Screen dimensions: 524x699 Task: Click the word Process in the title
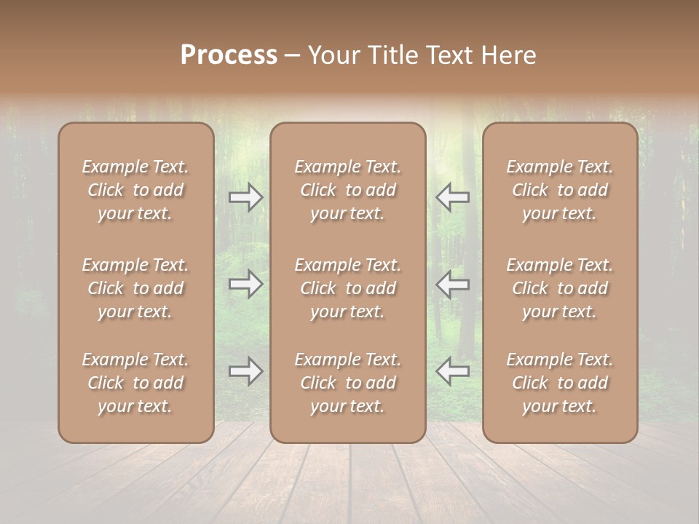229,55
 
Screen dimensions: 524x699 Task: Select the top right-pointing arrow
246,197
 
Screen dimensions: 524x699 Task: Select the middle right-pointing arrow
246,284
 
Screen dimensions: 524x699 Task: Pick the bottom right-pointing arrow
246,371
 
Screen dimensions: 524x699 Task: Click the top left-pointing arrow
452,197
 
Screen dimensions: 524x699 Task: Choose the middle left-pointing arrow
452,284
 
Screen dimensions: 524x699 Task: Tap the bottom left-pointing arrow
452,371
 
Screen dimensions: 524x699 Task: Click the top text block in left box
135,190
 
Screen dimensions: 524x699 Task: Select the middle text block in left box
135,288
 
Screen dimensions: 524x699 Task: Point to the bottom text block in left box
135,383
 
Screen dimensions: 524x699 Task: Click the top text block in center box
348,190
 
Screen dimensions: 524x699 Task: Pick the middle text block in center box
348,288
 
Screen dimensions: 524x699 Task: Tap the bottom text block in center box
348,383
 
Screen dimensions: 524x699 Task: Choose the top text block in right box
560,190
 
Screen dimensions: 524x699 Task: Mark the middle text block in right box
560,288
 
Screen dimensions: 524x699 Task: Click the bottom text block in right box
560,383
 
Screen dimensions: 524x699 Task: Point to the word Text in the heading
448,55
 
